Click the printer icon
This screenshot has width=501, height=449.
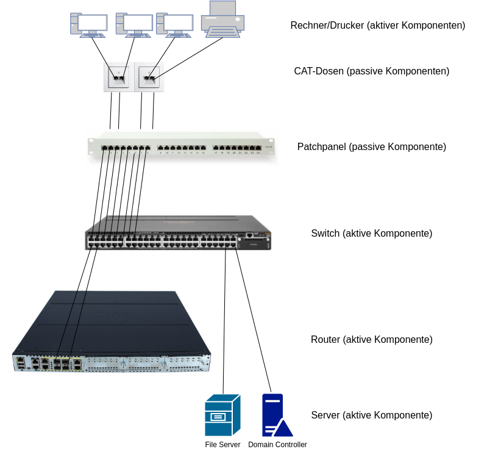click(x=223, y=20)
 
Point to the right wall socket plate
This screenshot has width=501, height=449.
click(x=151, y=77)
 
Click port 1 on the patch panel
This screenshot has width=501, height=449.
click(x=104, y=148)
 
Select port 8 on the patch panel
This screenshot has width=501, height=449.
click(x=147, y=148)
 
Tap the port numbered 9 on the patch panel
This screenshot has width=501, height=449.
click(x=160, y=148)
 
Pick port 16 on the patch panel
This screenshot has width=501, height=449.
click(x=203, y=148)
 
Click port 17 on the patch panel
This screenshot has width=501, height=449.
click(x=216, y=148)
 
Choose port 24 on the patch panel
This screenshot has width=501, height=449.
click(x=258, y=148)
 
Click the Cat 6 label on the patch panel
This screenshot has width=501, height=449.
click(x=269, y=147)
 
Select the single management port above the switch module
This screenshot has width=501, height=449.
click(x=249, y=234)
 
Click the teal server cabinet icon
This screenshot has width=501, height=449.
click(x=222, y=415)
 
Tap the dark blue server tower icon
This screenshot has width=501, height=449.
click(x=272, y=412)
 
